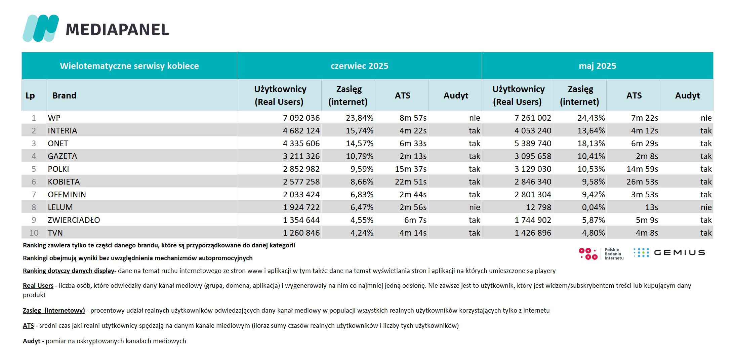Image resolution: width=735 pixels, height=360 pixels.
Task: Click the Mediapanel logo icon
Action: click(x=41, y=28)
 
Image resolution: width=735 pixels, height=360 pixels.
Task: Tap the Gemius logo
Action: click(x=669, y=253)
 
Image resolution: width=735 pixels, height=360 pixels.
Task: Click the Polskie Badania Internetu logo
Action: click(x=601, y=254)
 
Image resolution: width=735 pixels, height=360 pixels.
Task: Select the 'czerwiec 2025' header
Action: click(x=359, y=66)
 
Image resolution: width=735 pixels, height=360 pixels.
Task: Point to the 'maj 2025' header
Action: click(x=597, y=66)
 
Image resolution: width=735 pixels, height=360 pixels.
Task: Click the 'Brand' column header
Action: click(x=65, y=95)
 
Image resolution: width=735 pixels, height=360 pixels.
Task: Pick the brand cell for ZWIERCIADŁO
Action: click(x=74, y=220)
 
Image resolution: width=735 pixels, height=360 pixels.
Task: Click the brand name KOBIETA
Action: click(x=64, y=182)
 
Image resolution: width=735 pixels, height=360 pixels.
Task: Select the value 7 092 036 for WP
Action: click(x=301, y=118)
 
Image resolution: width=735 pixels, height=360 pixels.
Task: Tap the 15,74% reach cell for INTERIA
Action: click(x=360, y=131)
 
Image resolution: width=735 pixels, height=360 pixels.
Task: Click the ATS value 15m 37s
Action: click(x=411, y=169)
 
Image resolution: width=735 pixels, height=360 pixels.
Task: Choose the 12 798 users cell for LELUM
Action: click(x=538, y=207)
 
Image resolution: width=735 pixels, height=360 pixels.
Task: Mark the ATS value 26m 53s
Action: click(x=642, y=182)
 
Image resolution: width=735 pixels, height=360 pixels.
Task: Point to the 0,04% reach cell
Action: click(x=594, y=207)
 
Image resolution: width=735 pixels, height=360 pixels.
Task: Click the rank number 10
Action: click(x=34, y=233)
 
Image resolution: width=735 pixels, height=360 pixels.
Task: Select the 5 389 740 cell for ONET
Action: click(x=533, y=144)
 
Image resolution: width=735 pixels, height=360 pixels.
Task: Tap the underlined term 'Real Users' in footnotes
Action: click(x=38, y=286)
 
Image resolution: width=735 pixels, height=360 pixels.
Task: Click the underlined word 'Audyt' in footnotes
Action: click(x=32, y=341)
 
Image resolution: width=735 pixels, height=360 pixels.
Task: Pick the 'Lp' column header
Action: click(x=30, y=96)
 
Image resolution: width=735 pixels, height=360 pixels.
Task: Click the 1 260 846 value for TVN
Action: click(x=301, y=233)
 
